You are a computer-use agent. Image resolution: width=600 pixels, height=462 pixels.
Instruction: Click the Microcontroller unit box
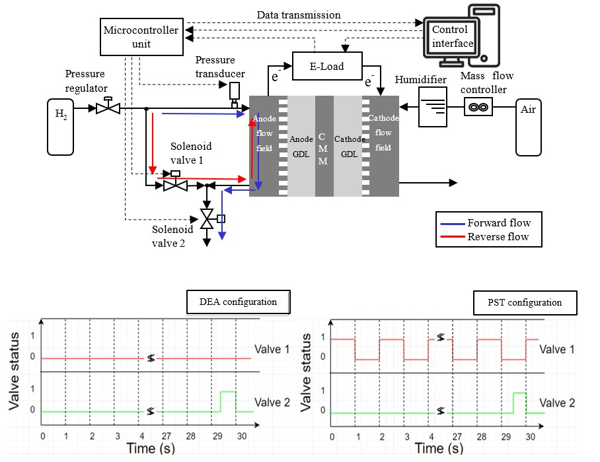(x=141, y=36)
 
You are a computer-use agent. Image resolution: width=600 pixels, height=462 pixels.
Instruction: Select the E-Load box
(x=326, y=66)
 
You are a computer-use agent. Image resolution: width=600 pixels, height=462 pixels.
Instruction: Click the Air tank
(x=528, y=127)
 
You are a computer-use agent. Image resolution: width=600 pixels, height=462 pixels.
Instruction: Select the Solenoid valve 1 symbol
(x=175, y=184)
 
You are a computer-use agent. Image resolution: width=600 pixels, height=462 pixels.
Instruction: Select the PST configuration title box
(x=525, y=302)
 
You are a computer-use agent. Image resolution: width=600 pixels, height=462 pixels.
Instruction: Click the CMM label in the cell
(x=324, y=148)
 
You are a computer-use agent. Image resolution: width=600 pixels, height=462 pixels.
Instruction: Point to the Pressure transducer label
(x=220, y=66)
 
